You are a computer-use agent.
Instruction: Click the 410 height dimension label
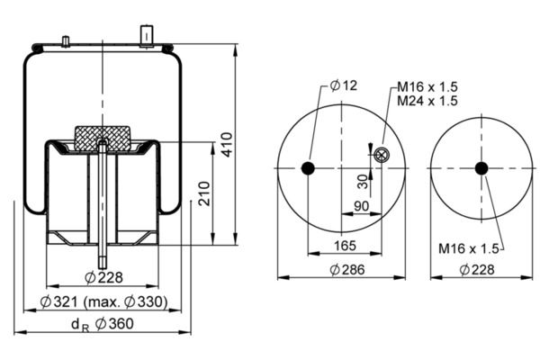tap(227, 144)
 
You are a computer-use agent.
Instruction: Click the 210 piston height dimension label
tap(204, 193)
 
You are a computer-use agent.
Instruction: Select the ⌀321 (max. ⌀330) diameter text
tap(104, 302)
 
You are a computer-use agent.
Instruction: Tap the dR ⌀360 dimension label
tap(103, 324)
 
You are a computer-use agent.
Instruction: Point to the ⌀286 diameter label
tap(347, 270)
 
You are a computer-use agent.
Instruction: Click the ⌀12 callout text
tap(344, 85)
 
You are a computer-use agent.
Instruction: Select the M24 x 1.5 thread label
tap(427, 101)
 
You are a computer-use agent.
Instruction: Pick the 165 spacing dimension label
tap(345, 246)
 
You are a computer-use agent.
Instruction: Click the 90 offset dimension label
tap(361, 206)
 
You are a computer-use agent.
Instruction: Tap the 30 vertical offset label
tap(363, 182)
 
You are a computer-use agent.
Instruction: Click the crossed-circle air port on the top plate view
tap(382, 155)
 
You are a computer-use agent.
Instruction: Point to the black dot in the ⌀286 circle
tap(308, 168)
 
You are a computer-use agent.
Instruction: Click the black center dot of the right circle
tap(481, 168)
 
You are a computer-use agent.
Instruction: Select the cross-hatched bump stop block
tap(103, 139)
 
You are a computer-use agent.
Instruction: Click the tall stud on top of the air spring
tap(147, 36)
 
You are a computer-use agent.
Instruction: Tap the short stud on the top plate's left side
tap(66, 41)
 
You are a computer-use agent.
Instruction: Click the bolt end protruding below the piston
tap(103, 257)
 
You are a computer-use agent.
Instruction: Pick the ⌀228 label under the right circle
tap(477, 270)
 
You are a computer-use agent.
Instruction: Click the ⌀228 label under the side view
tap(103, 277)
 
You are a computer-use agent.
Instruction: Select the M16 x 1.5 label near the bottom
tap(468, 248)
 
